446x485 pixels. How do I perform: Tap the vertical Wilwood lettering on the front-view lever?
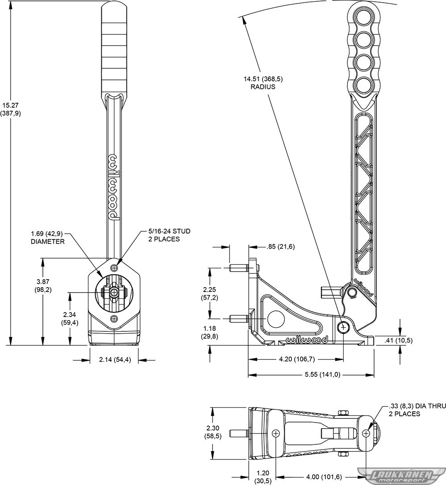(114, 187)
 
